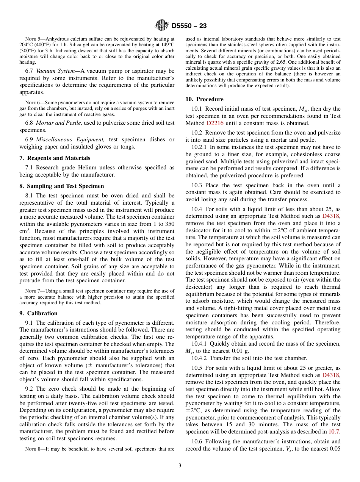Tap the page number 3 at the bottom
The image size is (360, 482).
coord(180,465)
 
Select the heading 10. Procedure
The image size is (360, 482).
coord(204,99)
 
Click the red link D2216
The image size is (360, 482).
coord(215,123)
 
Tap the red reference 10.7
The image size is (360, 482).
coord(334,432)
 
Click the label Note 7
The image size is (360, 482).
coord(31,291)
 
